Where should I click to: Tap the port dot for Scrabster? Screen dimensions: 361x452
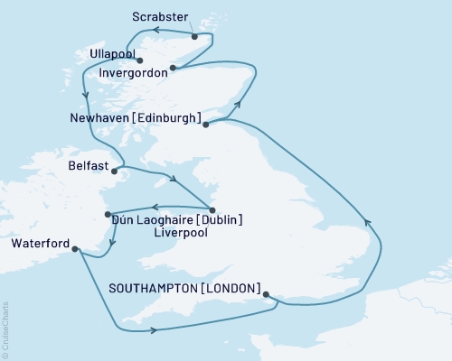point(194,36)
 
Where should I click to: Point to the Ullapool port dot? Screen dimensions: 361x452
point(140,61)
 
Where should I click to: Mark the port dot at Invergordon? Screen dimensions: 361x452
point(173,67)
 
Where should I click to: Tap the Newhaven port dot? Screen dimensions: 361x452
point(206,125)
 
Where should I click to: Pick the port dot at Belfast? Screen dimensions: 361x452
point(113,170)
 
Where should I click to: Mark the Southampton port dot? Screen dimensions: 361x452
point(266,292)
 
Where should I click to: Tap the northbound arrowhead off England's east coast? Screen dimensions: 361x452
point(367,221)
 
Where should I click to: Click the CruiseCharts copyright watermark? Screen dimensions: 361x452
point(5,330)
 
